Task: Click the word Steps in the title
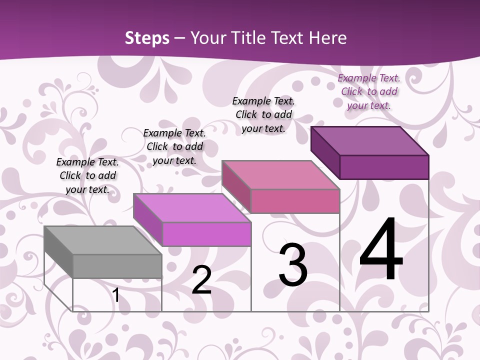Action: [147, 38]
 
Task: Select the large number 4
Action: [381, 250]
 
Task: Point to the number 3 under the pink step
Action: [293, 265]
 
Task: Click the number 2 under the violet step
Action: [201, 280]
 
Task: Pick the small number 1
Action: [116, 295]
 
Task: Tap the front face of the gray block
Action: [117, 266]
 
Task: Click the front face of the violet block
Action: [206, 234]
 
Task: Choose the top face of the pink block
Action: [280, 175]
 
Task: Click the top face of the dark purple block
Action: [369, 140]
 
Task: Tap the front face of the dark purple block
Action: [384, 167]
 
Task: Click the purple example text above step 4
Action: [369, 91]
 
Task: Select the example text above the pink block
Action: [263, 114]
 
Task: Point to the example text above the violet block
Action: [174, 146]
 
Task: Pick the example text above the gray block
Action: [87, 175]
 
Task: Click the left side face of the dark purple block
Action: [325, 152]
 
